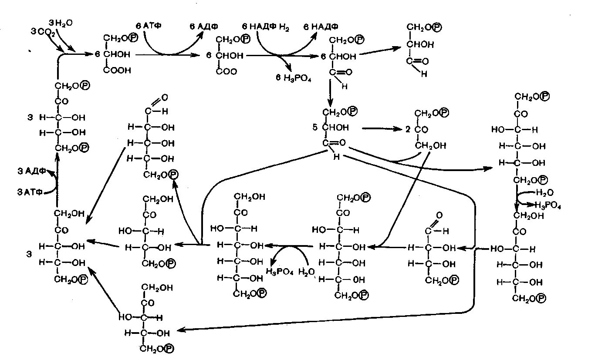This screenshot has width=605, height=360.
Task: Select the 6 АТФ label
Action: pyautogui.click(x=149, y=26)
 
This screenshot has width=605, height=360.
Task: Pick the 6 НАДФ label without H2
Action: pyautogui.click(x=321, y=27)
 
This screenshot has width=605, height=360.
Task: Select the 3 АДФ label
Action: pyautogui.click(x=31, y=171)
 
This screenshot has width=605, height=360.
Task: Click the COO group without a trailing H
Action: pyautogui.click(x=226, y=71)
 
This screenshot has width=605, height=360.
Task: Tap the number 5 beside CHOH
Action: pyautogui.click(x=314, y=128)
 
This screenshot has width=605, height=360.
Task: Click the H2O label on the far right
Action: pyautogui.click(x=544, y=192)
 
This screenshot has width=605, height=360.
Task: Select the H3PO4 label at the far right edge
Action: pyautogui.click(x=547, y=205)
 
